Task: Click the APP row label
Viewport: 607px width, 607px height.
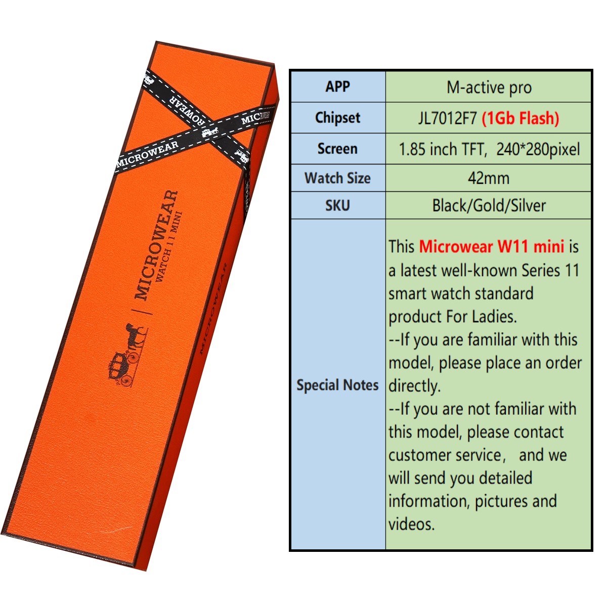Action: click(x=337, y=86)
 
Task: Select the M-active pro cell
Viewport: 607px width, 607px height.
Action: click(x=489, y=87)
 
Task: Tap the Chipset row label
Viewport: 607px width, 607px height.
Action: click(x=337, y=118)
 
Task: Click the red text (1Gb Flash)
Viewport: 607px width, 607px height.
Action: click(x=521, y=118)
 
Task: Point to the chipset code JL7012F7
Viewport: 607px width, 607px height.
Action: click(x=447, y=118)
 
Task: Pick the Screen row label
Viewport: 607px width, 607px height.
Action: click(x=337, y=149)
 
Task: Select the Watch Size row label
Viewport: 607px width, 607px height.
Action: click(x=337, y=178)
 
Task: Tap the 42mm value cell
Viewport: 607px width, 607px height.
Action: click(x=488, y=178)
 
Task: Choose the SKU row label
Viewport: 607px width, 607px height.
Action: click(x=337, y=205)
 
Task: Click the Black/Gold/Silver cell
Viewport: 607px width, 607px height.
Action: click(x=489, y=206)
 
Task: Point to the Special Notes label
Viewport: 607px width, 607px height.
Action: click(x=337, y=385)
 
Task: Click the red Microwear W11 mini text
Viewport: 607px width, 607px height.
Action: click(x=491, y=246)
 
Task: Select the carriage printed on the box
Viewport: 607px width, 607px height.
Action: click(x=123, y=369)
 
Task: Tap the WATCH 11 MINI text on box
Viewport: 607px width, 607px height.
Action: click(x=169, y=247)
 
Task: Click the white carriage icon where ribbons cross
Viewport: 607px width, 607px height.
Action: click(x=210, y=131)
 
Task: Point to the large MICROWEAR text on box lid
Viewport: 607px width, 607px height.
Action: click(x=156, y=245)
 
